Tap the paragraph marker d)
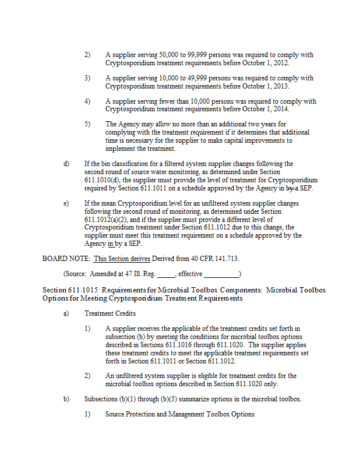click(x=66, y=164)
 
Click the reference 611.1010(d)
click(x=103, y=180)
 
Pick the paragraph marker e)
click(x=66, y=203)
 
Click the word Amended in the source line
click(x=104, y=274)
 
